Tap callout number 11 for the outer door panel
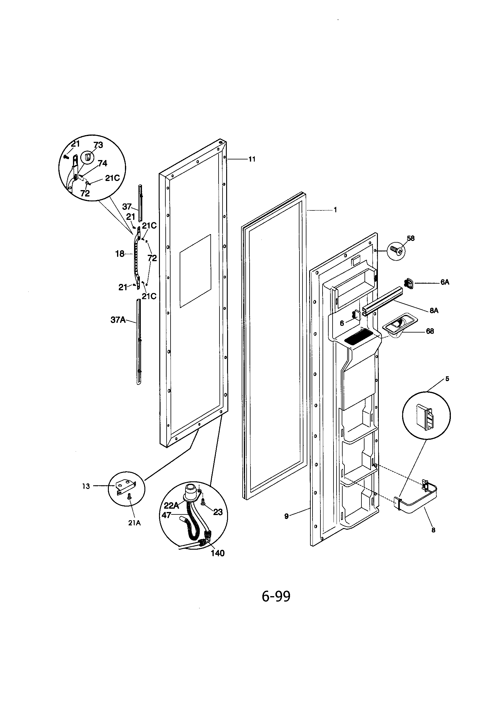(252, 159)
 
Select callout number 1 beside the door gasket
(335, 210)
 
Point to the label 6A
(445, 282)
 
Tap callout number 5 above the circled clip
(447, 379)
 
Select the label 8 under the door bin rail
(433, 530)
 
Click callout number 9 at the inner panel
(286, 516)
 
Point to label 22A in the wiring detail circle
(171, 505)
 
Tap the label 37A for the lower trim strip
(118, 320)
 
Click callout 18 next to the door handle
(119, 254)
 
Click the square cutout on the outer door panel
(195, 271)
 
